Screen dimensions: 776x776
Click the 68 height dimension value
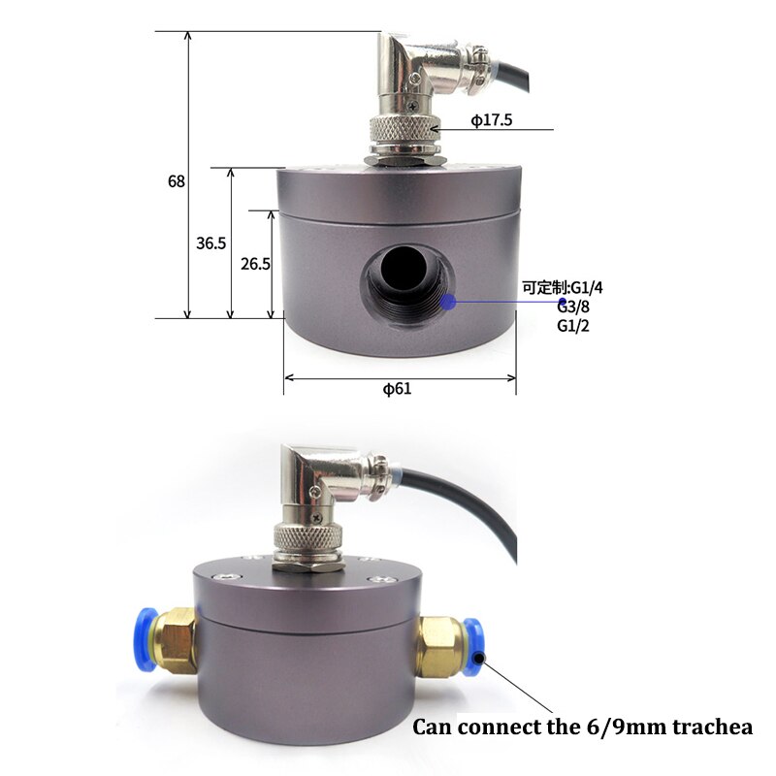tap(176, 181)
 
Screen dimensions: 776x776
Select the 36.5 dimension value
tap(210, 243)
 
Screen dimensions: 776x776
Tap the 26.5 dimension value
tap(255, 263)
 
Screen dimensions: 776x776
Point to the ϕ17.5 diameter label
tap(492, 120)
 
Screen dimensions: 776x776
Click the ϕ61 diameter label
tap(397, 389)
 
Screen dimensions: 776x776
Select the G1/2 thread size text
tap(573, 325)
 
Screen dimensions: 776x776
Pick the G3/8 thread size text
tap(573, 307)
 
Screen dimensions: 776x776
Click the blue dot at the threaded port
tap(447, 302)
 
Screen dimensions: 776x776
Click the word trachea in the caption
tap(713, 727)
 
